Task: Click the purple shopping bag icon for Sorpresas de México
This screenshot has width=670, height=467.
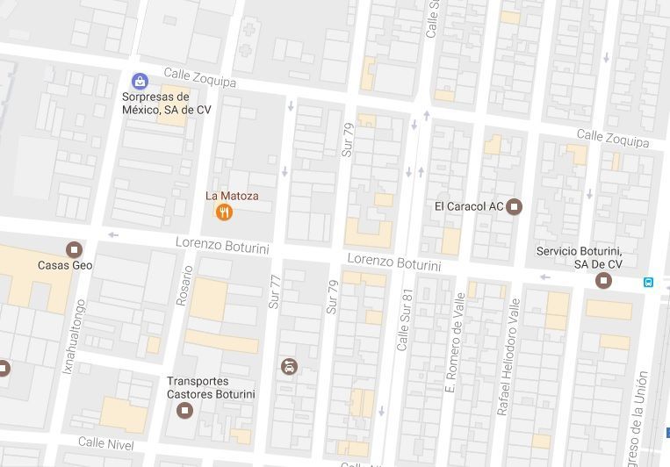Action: (139, 82)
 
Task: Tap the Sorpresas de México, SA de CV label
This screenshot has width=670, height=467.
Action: (167, 104)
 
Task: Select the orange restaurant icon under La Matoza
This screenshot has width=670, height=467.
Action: (224, 212)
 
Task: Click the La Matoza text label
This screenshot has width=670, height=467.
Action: (233, 196)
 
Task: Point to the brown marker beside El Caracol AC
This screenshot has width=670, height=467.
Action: (515, 206)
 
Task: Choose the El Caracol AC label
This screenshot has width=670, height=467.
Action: (469, 206)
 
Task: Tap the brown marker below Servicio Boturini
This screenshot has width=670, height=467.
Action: (603, 281)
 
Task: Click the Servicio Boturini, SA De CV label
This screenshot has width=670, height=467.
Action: (580, 258)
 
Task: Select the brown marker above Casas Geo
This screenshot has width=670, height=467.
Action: (74, 249)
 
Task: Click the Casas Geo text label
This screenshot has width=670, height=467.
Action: (65, 265)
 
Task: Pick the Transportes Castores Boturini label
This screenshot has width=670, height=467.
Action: (211, 388)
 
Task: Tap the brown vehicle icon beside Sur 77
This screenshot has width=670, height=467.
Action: (289, 366)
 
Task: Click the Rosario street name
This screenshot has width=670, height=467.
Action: (184, 285)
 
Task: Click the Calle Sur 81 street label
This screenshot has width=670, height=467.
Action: (405, 321)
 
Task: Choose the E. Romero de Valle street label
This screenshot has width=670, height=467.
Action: (455, 341)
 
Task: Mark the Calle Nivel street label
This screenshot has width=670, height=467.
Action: (106, 443)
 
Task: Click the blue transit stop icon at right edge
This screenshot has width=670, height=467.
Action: (648, 283)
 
